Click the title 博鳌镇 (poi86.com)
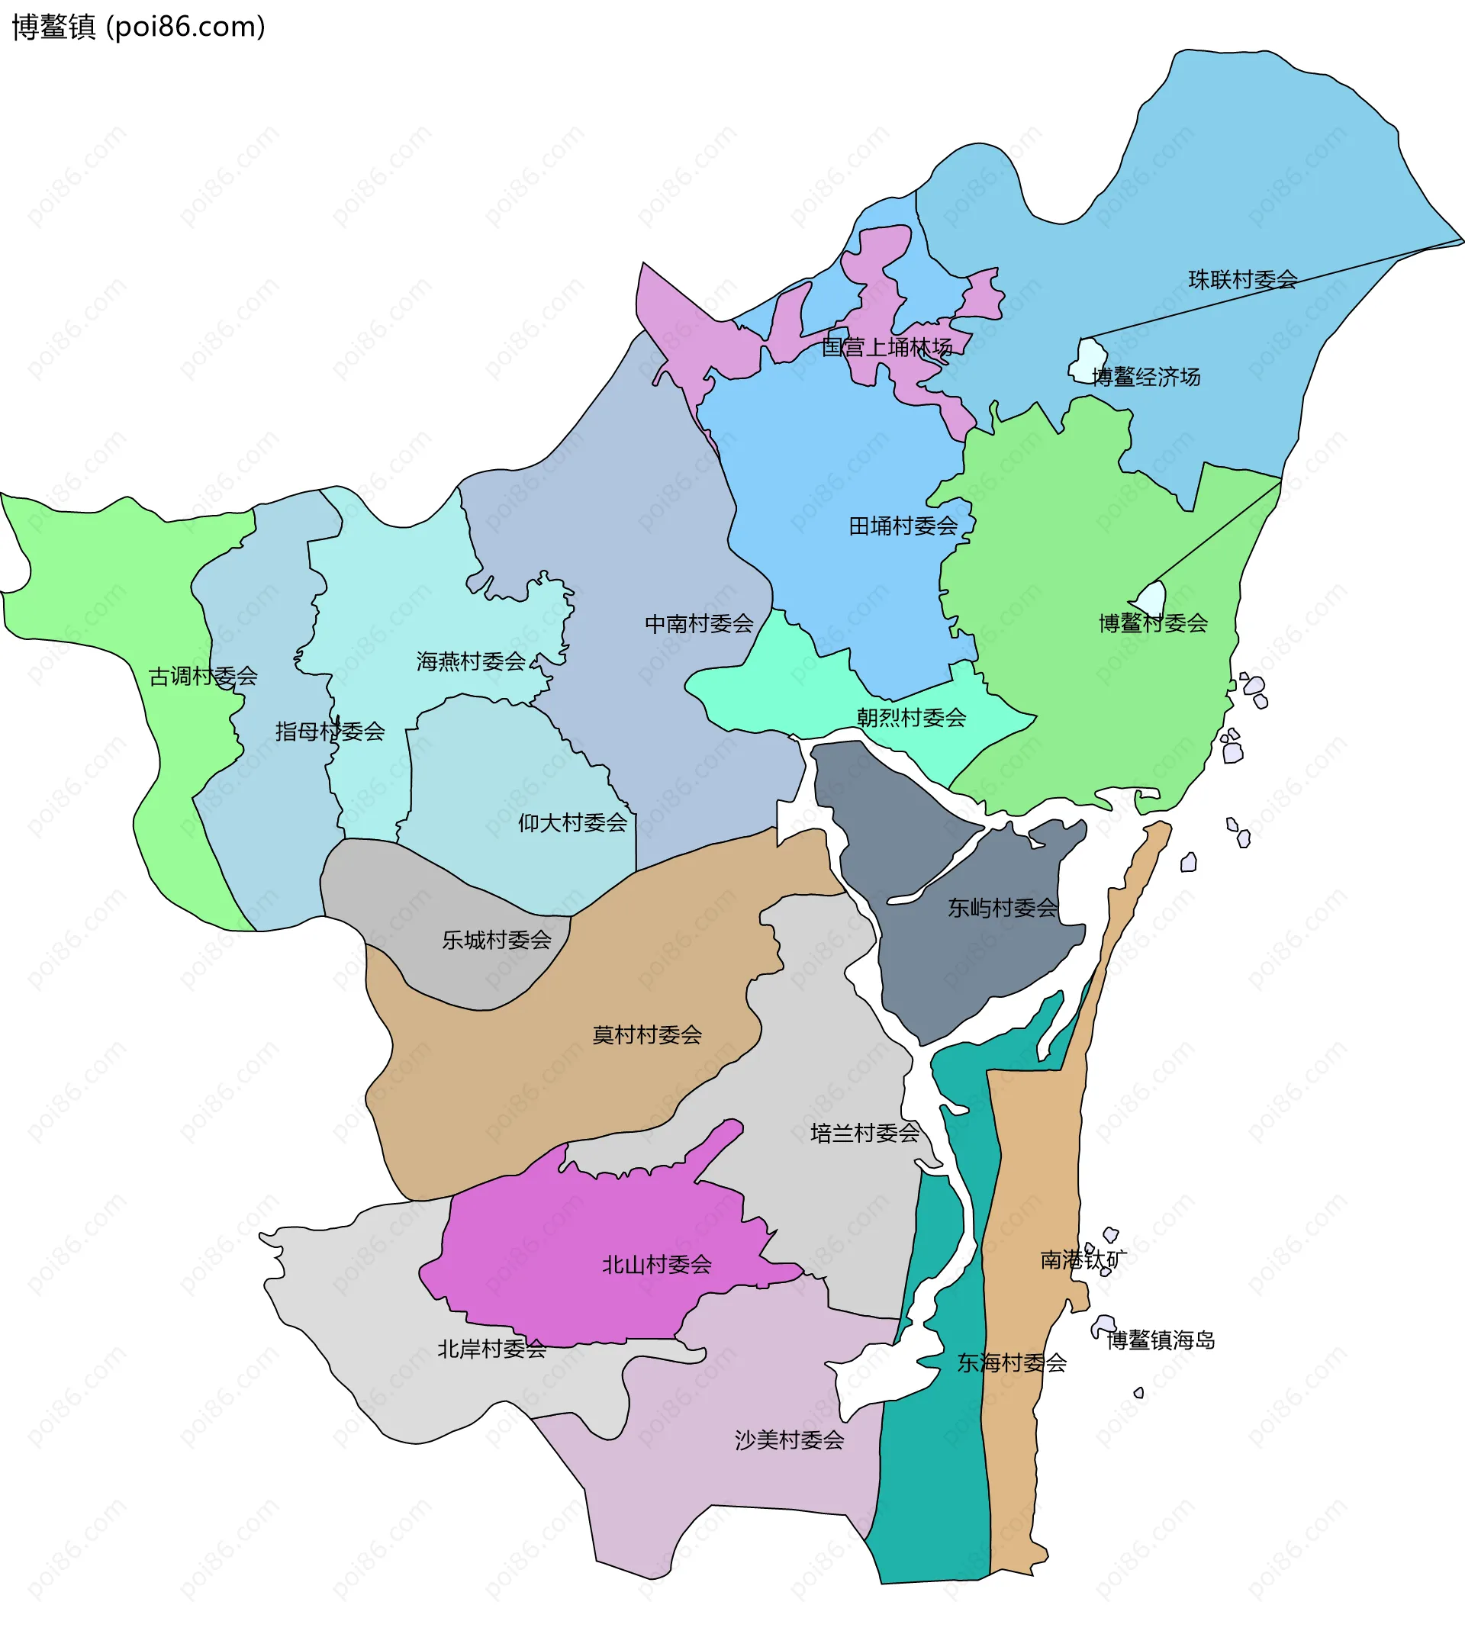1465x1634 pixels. click(137, 27)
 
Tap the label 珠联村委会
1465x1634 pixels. click(1242, 279)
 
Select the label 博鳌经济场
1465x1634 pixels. click(1145, 377)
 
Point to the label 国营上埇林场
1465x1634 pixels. click(887, 347)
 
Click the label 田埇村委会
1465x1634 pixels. click(903, 526)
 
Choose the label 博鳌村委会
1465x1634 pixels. click(1153, 622)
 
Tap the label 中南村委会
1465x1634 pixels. click(699, 623)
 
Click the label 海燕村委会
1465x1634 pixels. click(471, 661)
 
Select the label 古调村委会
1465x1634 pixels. click(203, 676)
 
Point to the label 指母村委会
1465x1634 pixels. click(330, 731)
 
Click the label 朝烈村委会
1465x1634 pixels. click(911, 717)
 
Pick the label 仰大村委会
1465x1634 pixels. click(572, 822)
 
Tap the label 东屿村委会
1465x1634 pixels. click(1002, 908)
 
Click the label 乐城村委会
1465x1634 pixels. click(497, 939)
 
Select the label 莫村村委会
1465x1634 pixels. click(647, 1034)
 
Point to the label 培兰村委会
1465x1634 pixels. click(865, 1134)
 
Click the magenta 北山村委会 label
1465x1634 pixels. click(657, 1265)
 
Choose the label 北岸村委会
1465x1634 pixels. click(492, 1349)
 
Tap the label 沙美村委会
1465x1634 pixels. click(789, 1440)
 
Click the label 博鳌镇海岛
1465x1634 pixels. click(1160, 1340)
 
